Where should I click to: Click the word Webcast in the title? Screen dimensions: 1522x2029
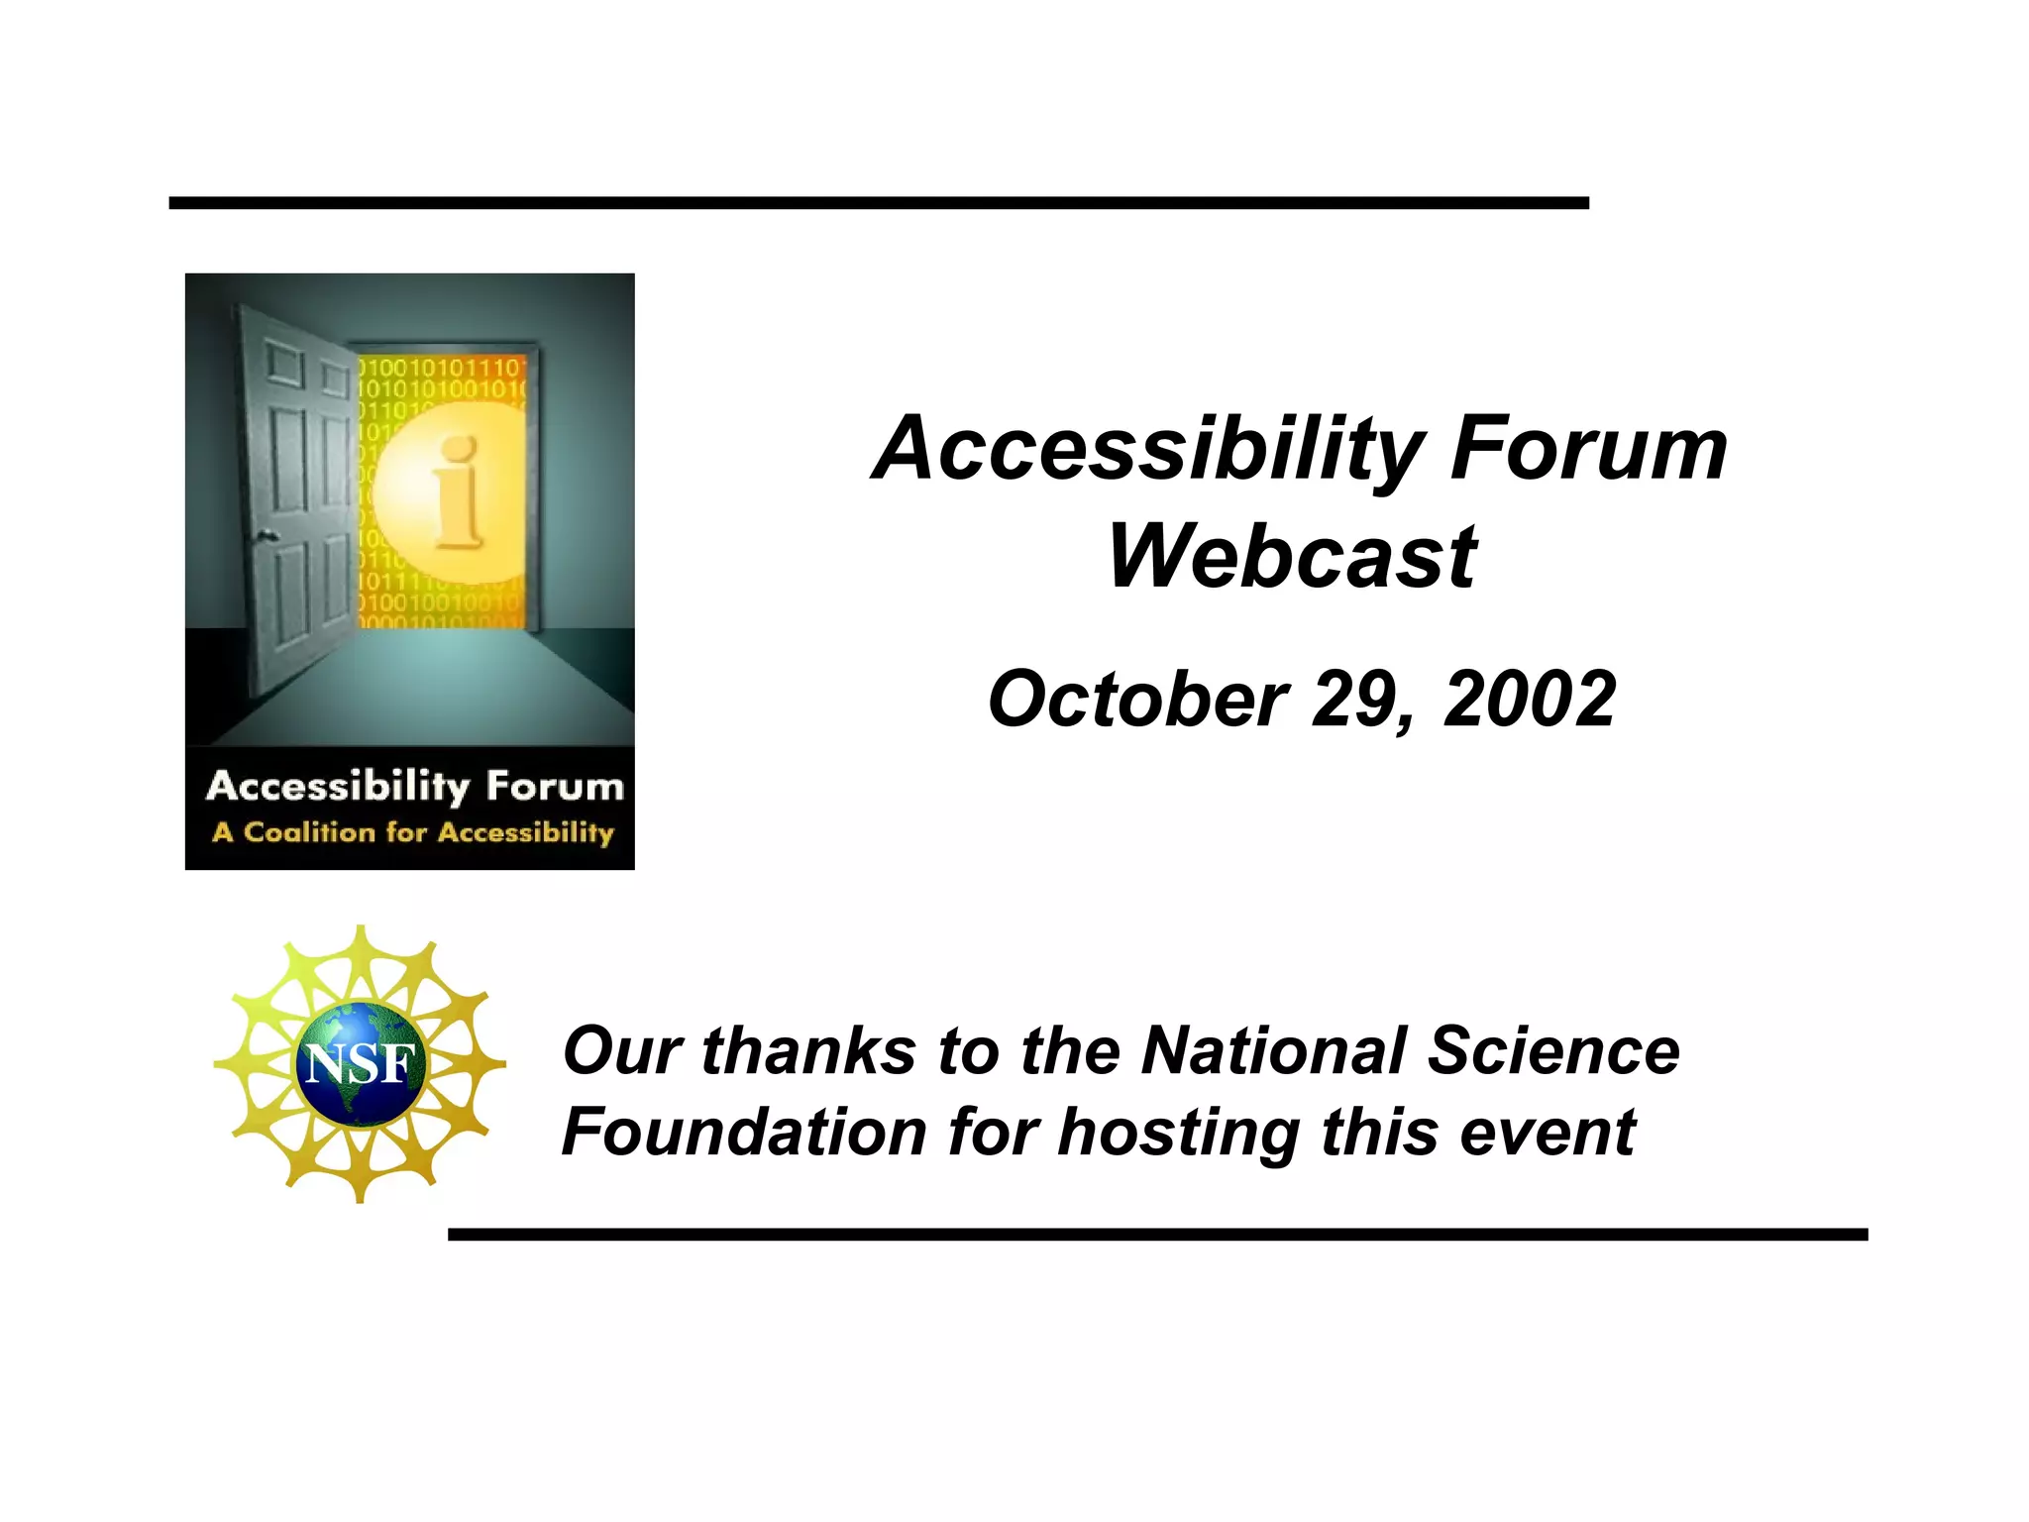coord(1292,557)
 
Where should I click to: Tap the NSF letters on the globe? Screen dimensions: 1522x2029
coord(360,1064)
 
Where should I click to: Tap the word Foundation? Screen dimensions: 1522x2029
coord(744,1133)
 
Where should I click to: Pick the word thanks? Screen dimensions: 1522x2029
coord(808,1050)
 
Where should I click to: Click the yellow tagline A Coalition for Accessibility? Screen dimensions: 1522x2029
coord(413,832)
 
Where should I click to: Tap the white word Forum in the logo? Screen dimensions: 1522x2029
coord(555,787)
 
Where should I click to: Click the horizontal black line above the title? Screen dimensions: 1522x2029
coord(878,203)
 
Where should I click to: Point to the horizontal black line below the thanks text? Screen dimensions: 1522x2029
coord(1157,1235)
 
